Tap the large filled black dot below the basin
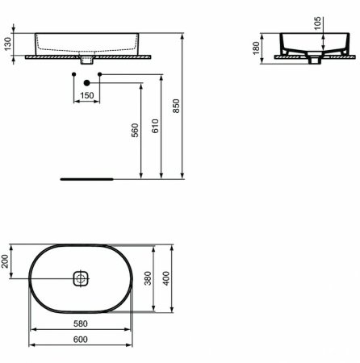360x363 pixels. coord(86,83)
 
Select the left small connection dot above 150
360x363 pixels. coord(73,75)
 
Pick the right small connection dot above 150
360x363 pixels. coord(99,75)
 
